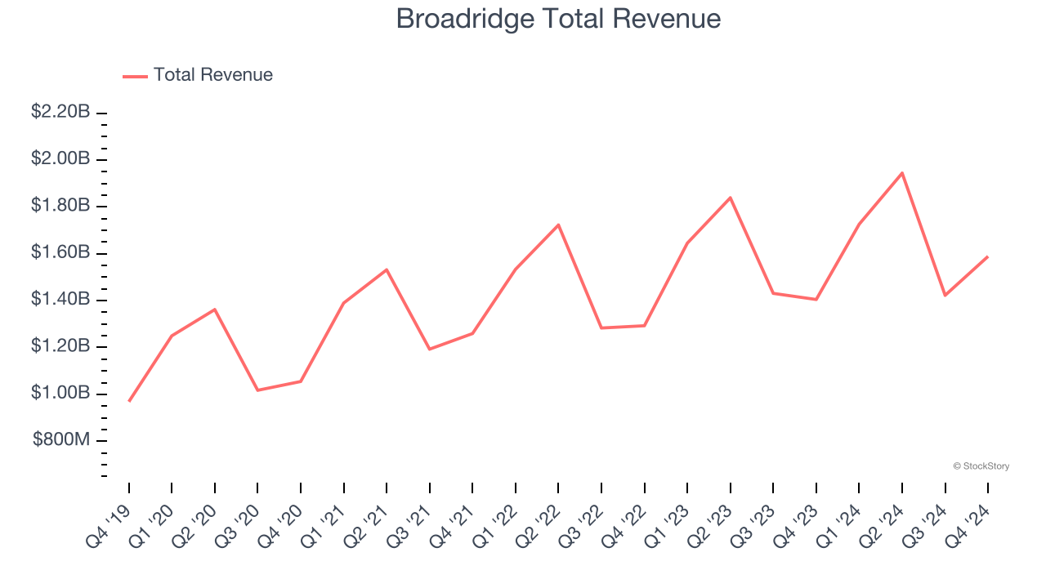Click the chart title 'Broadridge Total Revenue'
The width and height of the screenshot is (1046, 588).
pos(558,19)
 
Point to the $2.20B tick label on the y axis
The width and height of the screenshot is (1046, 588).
pos(60,112)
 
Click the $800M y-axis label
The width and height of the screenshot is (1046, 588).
pos(61,440)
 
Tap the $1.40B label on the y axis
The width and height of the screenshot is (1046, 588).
pos(60,300)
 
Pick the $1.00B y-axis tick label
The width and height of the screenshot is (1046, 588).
pos(60,394)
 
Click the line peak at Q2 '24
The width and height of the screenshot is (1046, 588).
pos(902,173)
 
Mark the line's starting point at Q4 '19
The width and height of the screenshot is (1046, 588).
pos(129,401)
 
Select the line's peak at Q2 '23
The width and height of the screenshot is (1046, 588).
pos(730,198)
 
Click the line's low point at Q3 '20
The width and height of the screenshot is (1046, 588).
pos(258,390)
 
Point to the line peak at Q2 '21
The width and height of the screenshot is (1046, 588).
pos(387,269)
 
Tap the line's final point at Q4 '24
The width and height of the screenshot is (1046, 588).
pos(987,256)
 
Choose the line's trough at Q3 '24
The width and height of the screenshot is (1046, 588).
pos(945,295)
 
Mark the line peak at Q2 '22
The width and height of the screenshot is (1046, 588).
pos(558,225)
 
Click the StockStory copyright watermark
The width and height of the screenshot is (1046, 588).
pos(981,466)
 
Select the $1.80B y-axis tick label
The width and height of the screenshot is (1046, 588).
pos(60,206)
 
